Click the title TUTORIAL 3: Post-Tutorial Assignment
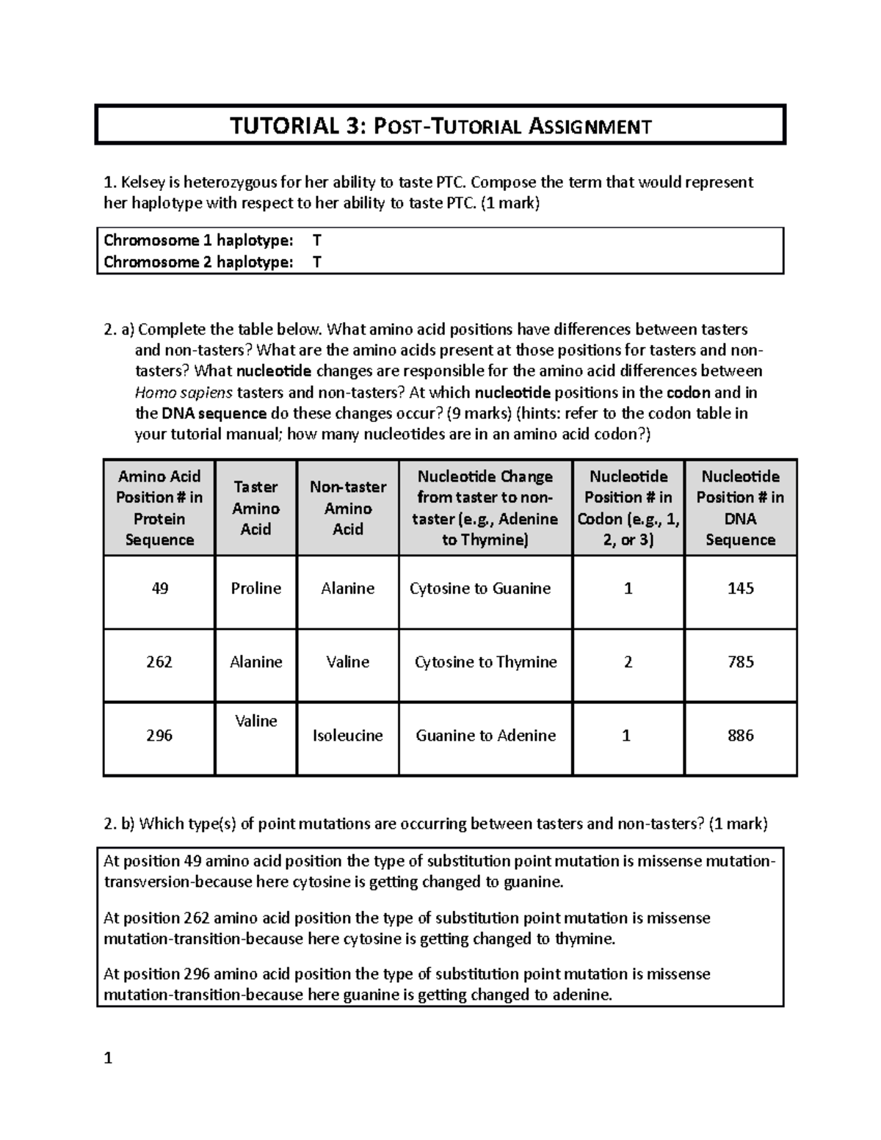click(440, 126)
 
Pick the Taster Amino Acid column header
click(255, 508)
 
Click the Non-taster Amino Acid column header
click(348, 508)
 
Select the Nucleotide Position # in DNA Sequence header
click(740, 508)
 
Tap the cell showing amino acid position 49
click(159, 589)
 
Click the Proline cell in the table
click(255, 589)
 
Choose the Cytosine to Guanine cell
click(480, 589)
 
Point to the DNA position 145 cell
click(740, 589)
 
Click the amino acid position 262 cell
click(159, 662)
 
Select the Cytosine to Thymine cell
click(485, 662)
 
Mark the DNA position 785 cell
click(740, 662)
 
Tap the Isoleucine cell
click(348, 736)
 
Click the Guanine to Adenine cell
click(485, 736)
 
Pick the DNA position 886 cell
click(740, 736)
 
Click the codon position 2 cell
click(628, 662)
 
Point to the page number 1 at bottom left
click(108, 1059)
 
